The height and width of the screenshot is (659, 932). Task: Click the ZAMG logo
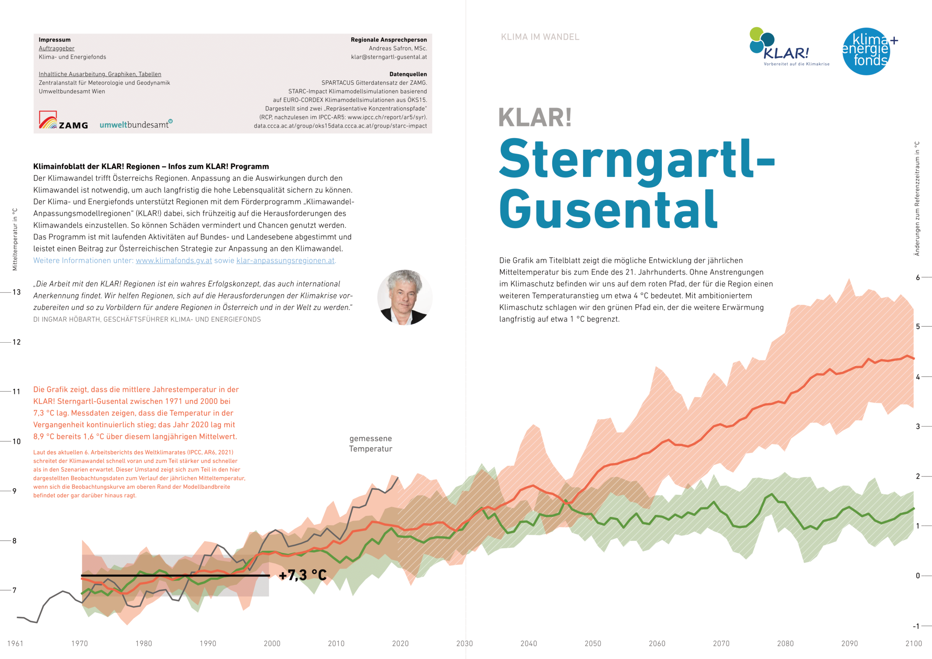point(63,121)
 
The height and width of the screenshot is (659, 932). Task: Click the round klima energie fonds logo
point(866,52)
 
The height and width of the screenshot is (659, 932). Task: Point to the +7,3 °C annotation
point(303,575)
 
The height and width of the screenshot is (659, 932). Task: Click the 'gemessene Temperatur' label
point(370,443)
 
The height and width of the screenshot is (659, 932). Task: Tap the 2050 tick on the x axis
point(593,644)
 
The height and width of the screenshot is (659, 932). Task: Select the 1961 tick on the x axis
point(15,644)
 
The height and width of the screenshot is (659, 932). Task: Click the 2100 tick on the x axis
point(913,644)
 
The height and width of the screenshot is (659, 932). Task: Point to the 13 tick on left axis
point(16,292)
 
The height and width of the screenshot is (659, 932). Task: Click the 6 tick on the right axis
point(917,278)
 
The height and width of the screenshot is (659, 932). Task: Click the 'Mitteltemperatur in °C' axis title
point(15,240)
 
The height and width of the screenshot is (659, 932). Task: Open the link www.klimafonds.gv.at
point(174,261)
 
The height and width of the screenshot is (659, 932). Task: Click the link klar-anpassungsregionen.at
point(285,261)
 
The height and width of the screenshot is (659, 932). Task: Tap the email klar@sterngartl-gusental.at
point(388,57)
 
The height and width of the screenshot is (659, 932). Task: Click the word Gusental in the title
point(608,210)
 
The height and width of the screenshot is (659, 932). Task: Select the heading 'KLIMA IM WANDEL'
point(540,37)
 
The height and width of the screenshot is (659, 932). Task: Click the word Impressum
point(54,40)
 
